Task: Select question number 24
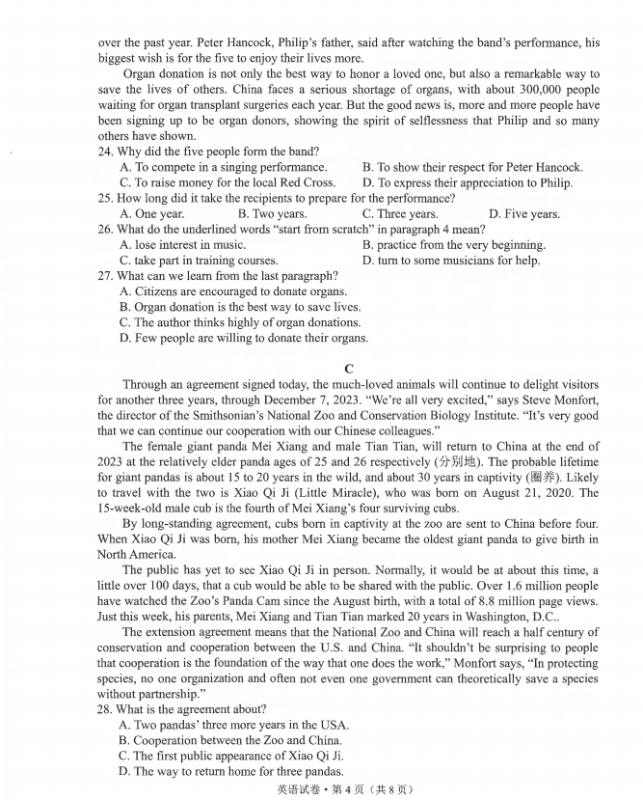[x=105, y=152]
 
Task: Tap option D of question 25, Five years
[x=523, y=214]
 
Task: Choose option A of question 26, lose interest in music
[x=182, y=245]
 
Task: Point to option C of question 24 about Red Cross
[x=228, y=182]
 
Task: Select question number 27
[x=105, y=276]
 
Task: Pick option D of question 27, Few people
[x=244, y=338]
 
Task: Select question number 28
[x=105, y=708]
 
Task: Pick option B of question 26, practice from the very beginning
[x=453, y=245]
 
